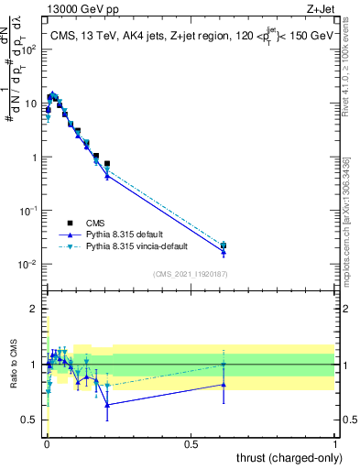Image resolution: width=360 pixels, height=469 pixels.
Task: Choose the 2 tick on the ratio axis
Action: point(36,309)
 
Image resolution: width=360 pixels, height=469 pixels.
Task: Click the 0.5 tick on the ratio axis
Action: point(32,420)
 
